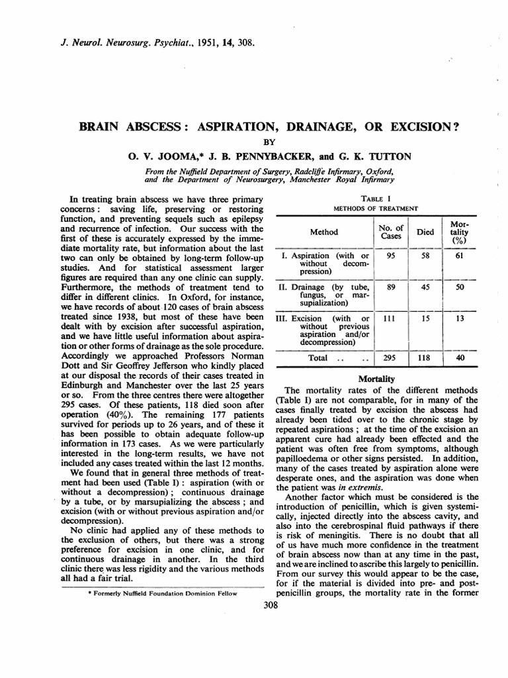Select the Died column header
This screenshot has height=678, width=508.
point(424,232)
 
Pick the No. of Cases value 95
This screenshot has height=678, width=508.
point(390,256)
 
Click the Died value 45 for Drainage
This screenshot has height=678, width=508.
point(424,287)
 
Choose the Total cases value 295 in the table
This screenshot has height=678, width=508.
point(390,358)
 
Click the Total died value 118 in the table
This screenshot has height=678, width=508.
point(424,358)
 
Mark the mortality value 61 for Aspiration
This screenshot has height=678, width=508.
point(458,256)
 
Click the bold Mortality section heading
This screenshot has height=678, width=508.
point(376,379)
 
